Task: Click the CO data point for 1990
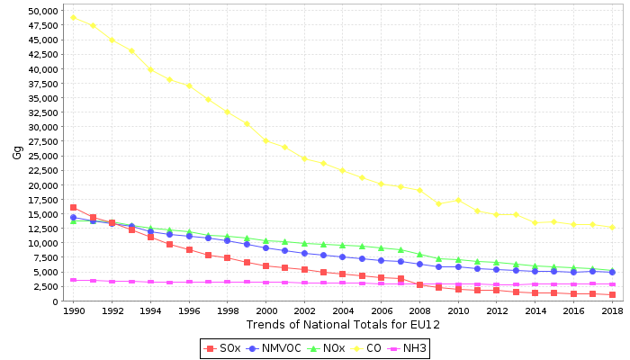[73, 17]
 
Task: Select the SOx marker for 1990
[73, 208]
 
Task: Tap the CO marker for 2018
[612, 228]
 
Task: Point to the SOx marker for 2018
[612, 294]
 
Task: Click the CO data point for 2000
[265, 140]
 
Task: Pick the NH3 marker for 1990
[73, 280]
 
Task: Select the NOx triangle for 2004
[342, 245]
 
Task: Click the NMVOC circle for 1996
[189, 236]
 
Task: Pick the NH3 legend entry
[409, 348]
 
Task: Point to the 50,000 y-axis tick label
[43, 11]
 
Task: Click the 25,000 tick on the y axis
[43, 156]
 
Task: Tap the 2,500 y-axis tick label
[46, 286]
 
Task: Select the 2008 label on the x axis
[419, 311]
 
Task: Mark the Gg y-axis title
[17, 152]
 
